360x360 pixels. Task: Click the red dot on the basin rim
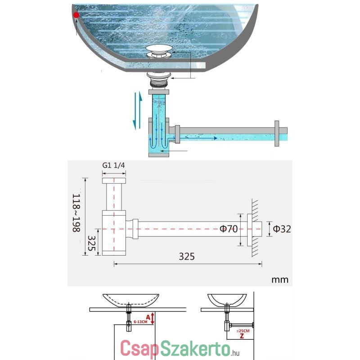click(76, 15)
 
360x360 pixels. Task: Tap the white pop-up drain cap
click(159, 48)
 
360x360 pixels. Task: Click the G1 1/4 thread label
click(113, 165)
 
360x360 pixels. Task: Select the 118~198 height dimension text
click(76, 213)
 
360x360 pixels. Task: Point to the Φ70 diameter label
click(229, 229)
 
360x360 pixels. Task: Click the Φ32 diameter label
click(282, 229)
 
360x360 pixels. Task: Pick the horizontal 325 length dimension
click(187, 256)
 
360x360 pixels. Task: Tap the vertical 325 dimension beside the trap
click(91, 243)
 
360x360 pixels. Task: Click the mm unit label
click(280, 280)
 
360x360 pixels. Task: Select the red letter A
click(148, 317)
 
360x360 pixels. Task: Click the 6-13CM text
click(140, 322)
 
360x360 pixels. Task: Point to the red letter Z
click(242, 336)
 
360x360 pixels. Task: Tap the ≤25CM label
click(243, 331)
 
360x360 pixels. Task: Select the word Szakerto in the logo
click(195, 348)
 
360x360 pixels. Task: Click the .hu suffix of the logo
click(235, 352)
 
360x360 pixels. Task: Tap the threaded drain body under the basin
click(159, 83)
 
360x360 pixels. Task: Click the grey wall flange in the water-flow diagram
click(277, 133)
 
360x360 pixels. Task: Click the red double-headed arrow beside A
click(153, 318)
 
